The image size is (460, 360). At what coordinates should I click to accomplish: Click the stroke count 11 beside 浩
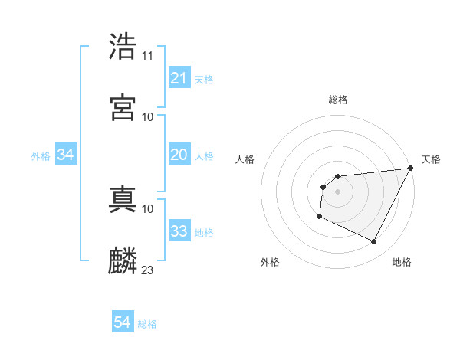(x=148, y=56)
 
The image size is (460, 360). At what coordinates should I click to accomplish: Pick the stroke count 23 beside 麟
(x=148, y=270)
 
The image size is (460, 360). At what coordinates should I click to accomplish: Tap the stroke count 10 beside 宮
(x=148, y=116)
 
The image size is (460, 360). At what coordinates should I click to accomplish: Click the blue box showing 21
(x=179, y=78)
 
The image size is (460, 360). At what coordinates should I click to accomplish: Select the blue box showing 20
(x=179, y=155)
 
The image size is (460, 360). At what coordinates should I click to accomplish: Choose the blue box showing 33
(x=179, y=231)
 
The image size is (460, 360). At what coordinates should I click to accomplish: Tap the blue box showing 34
(x=66, y=155)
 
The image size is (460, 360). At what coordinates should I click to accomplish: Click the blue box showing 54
(x=123, y=323)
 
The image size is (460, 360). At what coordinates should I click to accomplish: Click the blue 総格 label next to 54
(x=147, y=324)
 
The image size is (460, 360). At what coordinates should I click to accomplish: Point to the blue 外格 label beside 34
(x=41, y=155)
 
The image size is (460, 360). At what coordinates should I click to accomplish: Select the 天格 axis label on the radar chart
(x=431, y=159)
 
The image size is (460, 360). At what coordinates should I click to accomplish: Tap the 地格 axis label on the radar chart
(x=402, y=262)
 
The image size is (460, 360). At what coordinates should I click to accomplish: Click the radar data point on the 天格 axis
(x=411, y=168)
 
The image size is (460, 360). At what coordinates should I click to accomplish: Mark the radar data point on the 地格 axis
(x=374, y=242)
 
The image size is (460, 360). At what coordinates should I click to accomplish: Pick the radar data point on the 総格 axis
(x=337, y=177)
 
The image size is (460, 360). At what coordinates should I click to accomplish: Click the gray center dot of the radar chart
(x=337, y=191)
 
